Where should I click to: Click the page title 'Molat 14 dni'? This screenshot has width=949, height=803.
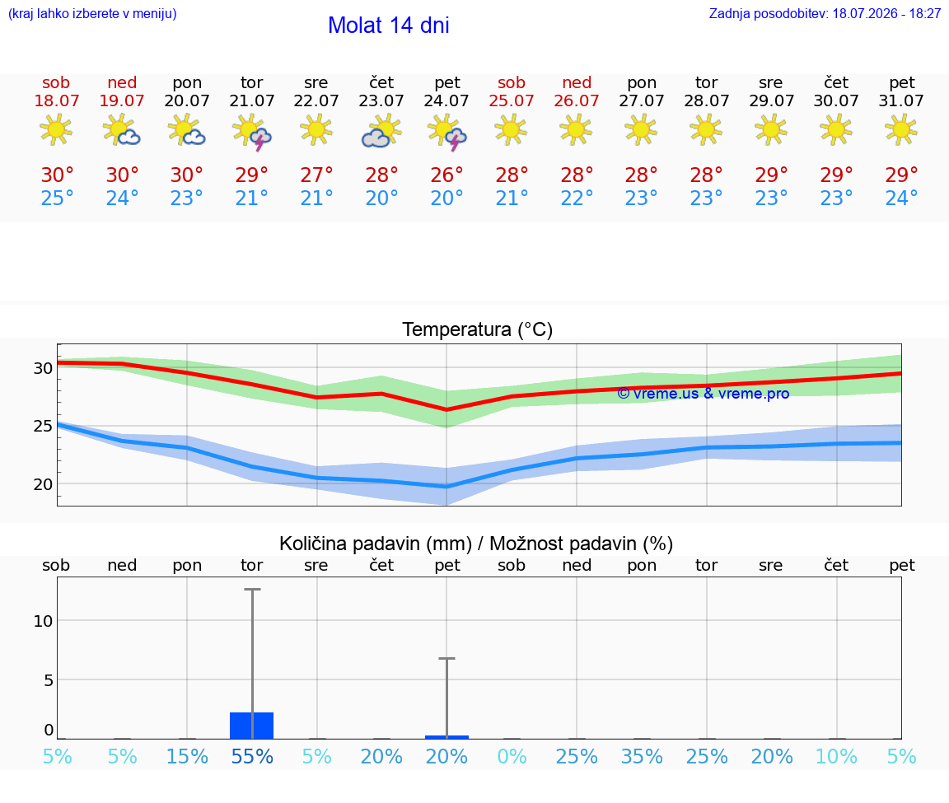(x=389, y=26)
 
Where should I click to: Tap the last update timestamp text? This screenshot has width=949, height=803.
(x=825, y=13)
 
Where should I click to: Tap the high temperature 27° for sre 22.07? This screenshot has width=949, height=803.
(x=316, y=175)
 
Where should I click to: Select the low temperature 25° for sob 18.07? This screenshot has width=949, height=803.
(x=57, y=198)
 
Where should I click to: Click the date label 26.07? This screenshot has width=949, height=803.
(x=576, y=100)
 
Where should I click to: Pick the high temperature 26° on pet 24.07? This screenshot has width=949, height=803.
(x=446, y=175)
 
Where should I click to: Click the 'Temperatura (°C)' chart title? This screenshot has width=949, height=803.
(x=478, y=329)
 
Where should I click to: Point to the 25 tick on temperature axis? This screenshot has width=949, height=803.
(x=43, y=426)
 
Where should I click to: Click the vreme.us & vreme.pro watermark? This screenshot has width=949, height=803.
(x=704, y=394)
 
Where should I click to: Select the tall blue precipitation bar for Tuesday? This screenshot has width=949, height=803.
(x=252, y=726)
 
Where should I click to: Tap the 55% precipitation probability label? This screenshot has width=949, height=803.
(x=252, y=756)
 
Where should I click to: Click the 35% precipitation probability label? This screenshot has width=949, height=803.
(x=642, y=756)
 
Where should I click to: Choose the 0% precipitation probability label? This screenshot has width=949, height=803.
(x=512, y=756)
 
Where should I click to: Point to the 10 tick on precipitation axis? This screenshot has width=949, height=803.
(x=43, y=621)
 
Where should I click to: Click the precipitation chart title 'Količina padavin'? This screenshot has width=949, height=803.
(x=376, y=544)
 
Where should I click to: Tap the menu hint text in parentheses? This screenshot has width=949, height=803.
(x=92, y=13)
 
